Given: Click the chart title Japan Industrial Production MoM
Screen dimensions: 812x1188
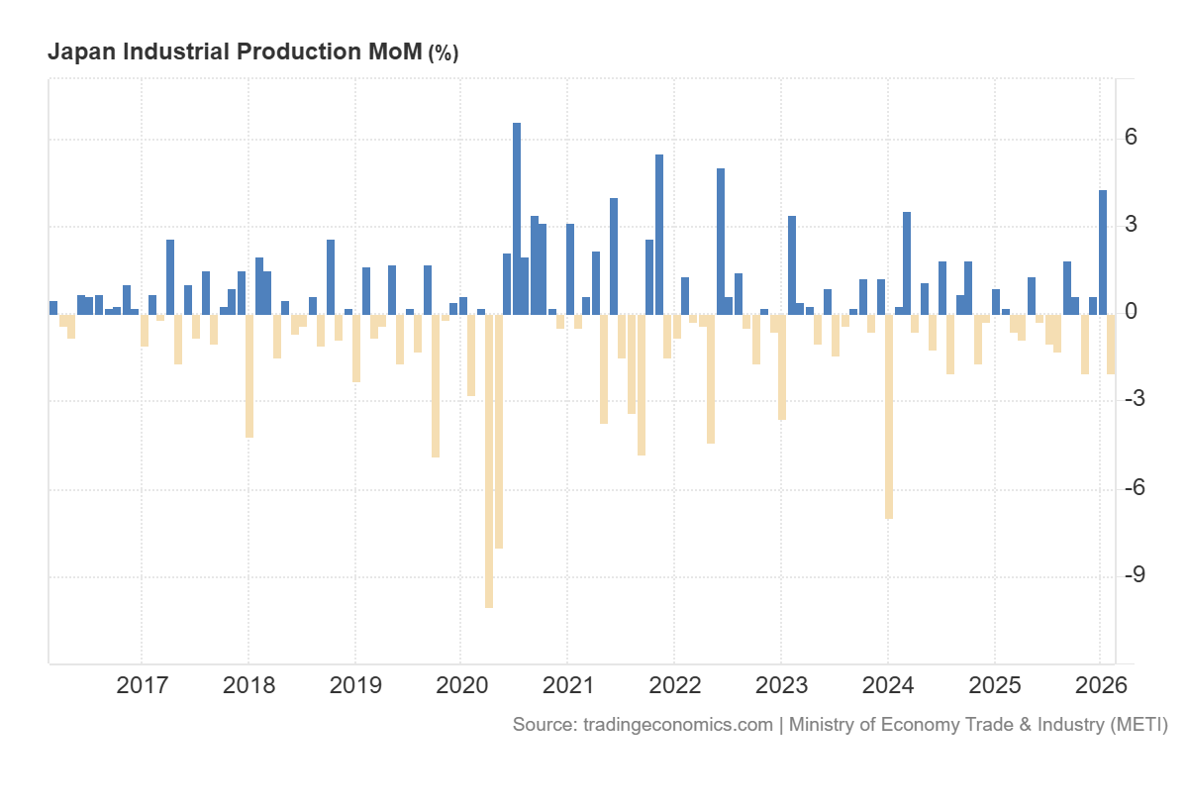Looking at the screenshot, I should point(235,52).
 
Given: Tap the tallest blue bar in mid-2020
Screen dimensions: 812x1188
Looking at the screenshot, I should point(517,218).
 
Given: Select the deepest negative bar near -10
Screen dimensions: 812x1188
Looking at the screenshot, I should point(489,460).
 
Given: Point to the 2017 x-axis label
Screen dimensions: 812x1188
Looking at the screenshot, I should point(142,684).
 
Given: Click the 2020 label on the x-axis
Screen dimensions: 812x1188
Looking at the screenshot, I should point(460,684).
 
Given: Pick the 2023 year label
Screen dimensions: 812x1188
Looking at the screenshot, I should point(780,684).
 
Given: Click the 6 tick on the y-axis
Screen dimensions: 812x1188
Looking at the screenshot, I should point(1131,138).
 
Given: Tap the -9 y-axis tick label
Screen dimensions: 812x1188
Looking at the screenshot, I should point(1135,576).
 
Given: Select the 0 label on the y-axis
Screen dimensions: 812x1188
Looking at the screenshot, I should point(1131,313).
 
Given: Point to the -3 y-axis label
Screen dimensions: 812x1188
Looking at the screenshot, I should point(1135,400).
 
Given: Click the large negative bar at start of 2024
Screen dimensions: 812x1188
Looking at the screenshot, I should point(889,416).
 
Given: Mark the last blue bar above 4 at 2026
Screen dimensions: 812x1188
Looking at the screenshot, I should point(1103,253).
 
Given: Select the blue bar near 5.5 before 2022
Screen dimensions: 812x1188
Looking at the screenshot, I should point(659,235).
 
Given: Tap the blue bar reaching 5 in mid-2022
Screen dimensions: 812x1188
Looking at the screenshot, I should point(721,242).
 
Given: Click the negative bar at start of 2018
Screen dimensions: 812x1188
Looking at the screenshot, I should point(249,375).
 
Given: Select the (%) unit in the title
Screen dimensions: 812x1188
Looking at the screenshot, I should point(444,53).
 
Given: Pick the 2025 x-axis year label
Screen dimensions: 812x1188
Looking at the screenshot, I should point(993,684).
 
